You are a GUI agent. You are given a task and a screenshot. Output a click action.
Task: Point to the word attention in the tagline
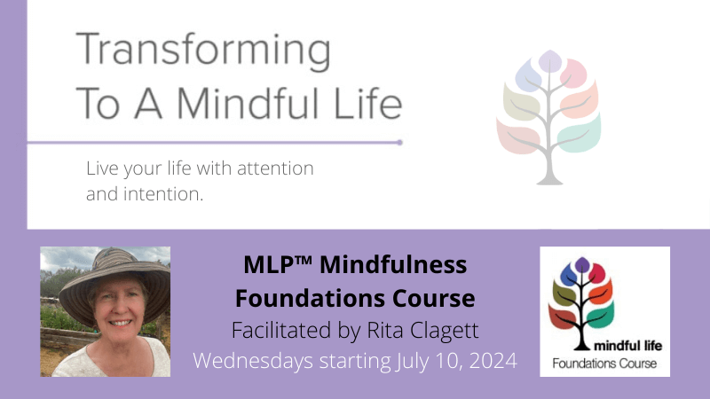(273, 167)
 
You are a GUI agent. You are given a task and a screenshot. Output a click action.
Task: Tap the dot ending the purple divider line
(400, 142)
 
